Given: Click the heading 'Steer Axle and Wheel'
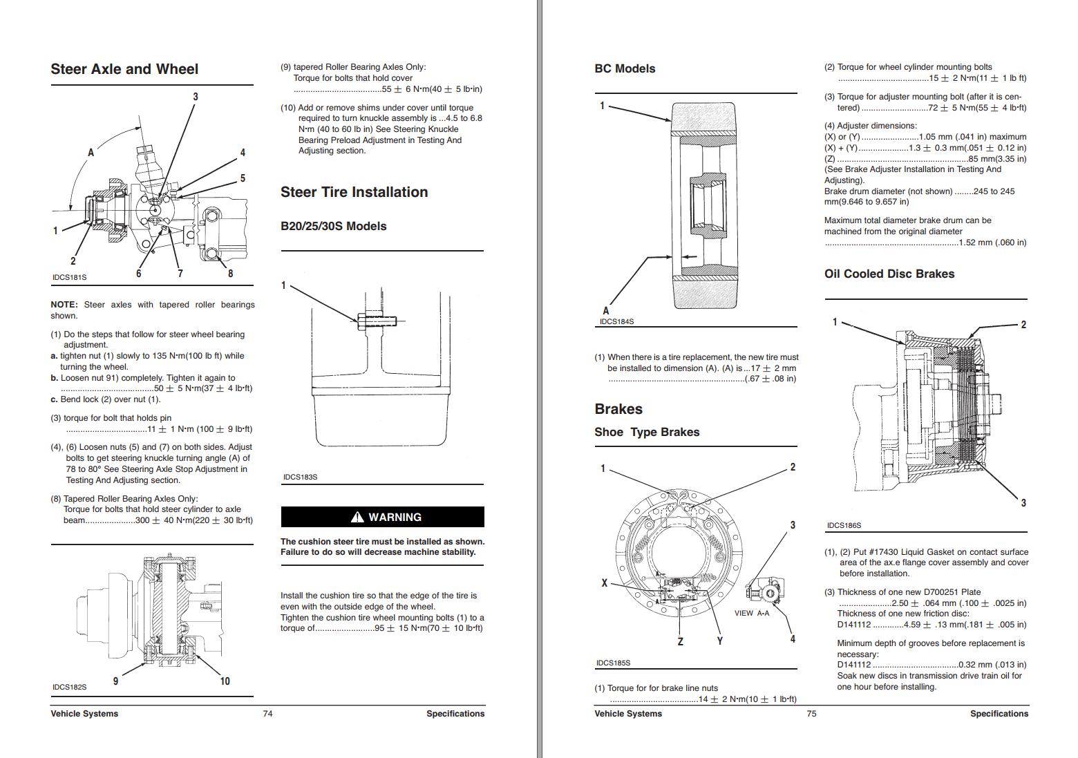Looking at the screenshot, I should (124, 69).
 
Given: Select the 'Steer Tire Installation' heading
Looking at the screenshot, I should (354, 192).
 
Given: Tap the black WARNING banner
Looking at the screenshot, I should (382, 517).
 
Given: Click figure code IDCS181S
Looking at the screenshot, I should (69, 277).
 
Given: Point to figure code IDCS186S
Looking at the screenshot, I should (844, 525).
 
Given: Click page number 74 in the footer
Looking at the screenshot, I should (267, 714).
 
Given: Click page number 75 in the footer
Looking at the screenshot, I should (811, 714).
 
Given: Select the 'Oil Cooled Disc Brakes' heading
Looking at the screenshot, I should (889, 274).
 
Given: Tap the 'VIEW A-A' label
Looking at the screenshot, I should (751, 613).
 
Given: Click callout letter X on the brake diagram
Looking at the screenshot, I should (604, 583).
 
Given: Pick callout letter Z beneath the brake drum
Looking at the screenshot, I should (680, 641).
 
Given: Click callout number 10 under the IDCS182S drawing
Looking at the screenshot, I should (225, 681).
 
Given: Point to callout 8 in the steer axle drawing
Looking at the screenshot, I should (230, 274).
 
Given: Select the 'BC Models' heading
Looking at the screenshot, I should (625, 69).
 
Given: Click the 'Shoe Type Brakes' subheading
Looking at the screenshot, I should (647, 432).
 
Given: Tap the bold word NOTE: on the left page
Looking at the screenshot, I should (64, 305).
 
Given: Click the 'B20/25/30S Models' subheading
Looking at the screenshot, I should (333, 226).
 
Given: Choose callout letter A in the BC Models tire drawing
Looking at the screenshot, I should (606, 311).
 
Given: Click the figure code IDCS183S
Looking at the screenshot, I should (300, 477).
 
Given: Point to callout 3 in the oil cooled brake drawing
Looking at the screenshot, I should (1023, 503).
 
